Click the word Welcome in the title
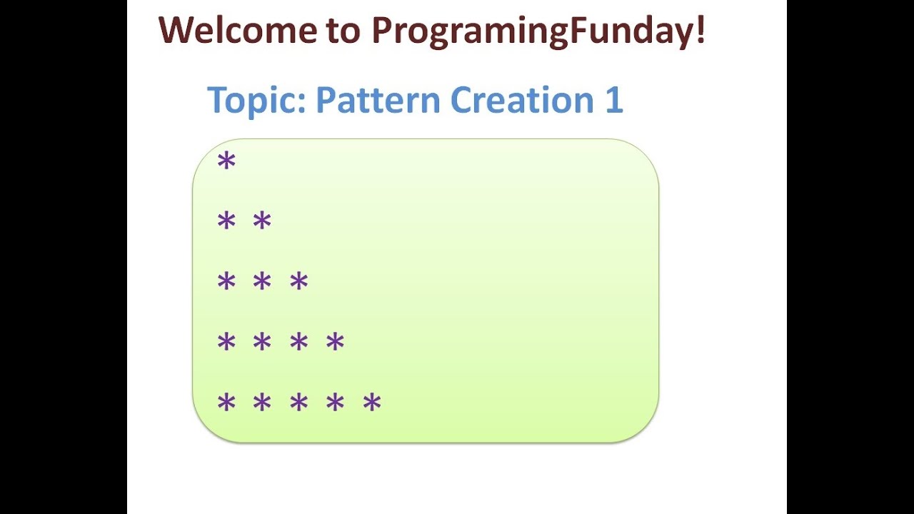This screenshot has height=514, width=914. click(x=237, y=31)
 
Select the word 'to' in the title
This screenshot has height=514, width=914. click(x=343, y=31)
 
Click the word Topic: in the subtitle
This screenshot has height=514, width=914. click(x=256, y=101)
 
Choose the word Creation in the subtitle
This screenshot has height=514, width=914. click(x=522, y=100)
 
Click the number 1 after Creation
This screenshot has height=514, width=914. click(x=613, y=100)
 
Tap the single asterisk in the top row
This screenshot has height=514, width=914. click(x=226, y=162)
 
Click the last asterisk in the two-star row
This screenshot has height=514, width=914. click(x=262, y=222)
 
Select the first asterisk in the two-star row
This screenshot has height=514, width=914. click(x=226, y=222)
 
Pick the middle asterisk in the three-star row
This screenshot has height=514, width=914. click(x=262, y=282)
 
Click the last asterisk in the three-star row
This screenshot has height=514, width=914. click(x=298, y=282)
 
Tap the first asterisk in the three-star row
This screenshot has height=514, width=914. click(x=226, y=282)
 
